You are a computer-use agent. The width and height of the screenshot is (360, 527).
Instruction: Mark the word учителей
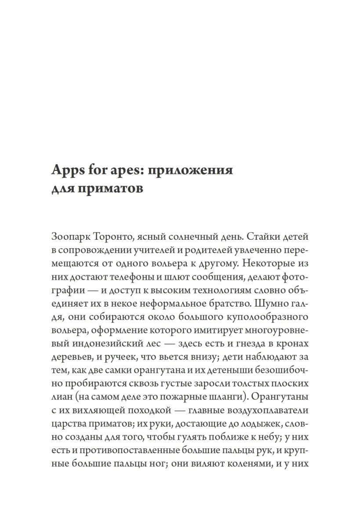click(144, 251)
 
